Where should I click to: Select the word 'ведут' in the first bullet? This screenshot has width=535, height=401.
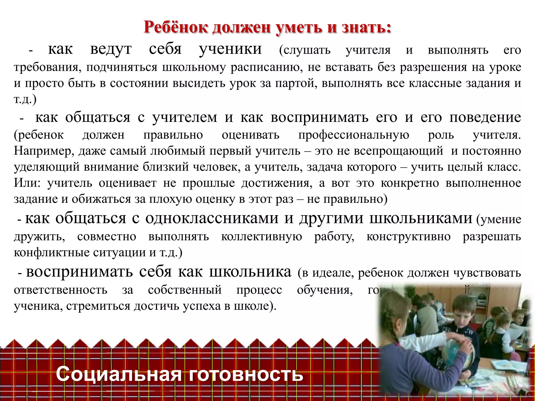coord(111,49)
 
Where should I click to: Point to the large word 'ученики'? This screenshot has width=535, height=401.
coord(230,49)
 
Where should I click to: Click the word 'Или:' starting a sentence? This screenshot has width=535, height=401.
coord(27,183)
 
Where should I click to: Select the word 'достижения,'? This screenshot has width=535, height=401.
coord(277,183)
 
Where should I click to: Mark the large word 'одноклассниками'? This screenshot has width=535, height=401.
coord(212,218)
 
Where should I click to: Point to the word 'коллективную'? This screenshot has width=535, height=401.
coord(261,237)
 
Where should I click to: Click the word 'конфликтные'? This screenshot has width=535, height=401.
coord(51,252)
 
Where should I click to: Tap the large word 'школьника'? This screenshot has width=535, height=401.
coord(250,272)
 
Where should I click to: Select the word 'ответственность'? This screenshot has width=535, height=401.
coord(60,290)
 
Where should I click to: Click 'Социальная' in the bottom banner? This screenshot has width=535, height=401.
coord(119,374)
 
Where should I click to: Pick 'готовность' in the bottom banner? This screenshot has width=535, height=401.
coord(246,374)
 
